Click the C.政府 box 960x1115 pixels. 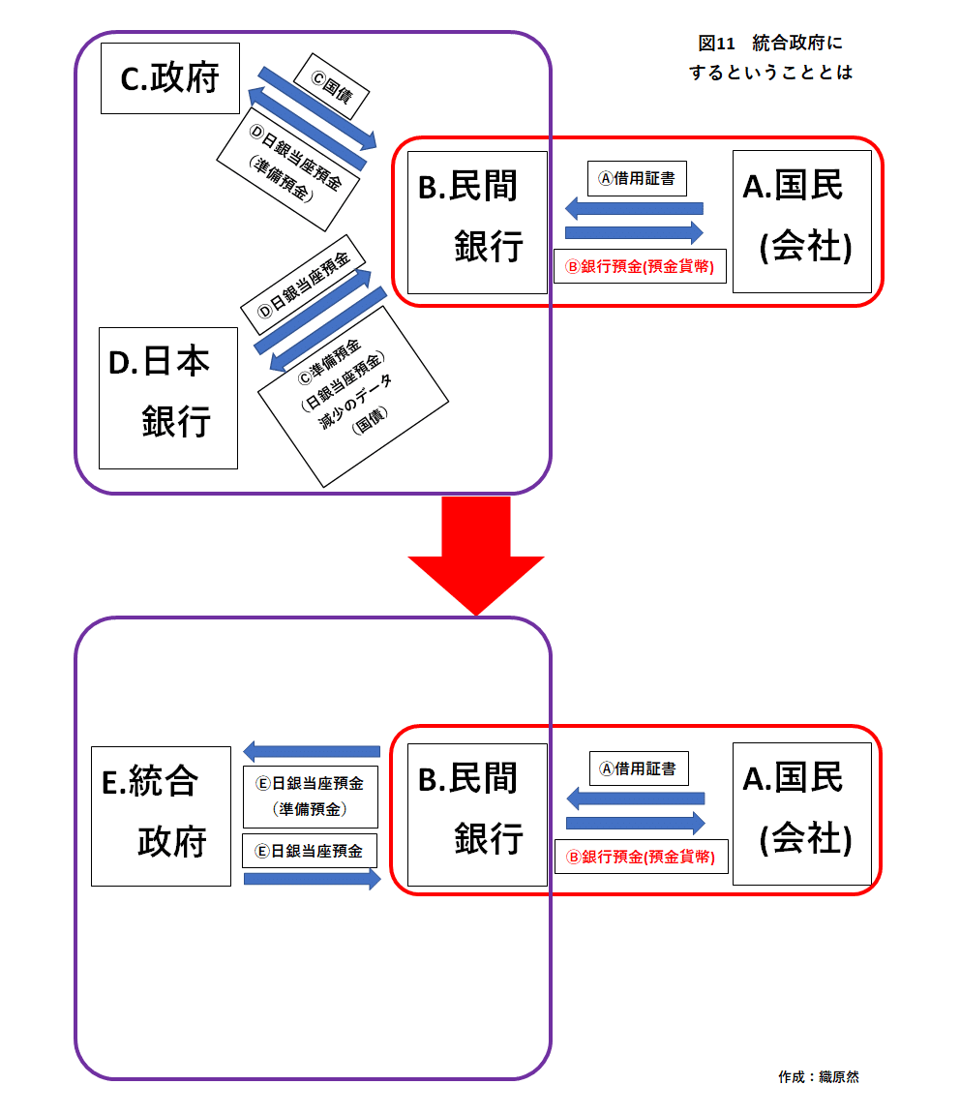169,78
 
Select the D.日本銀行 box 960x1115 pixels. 168,397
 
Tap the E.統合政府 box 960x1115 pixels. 161,816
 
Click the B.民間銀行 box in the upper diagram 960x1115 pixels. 477,222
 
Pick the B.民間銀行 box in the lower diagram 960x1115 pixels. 477,814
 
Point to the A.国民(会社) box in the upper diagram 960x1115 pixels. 801,222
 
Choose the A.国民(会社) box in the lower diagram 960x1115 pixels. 801,814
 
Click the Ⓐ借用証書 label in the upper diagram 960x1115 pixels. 637,178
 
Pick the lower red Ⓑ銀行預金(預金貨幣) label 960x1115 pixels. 641,857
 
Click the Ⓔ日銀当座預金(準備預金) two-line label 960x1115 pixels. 310,796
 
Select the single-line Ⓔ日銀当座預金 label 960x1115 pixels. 310,851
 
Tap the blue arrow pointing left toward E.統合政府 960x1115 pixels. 312,751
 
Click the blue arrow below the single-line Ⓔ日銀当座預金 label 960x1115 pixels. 312,879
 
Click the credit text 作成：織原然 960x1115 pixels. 818,1076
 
